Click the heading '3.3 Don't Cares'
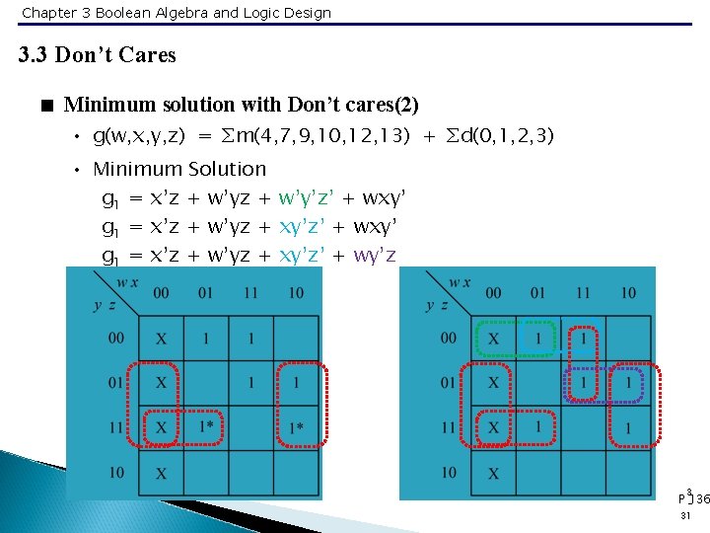coord(98,55)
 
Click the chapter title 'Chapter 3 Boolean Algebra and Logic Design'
coord(177,13)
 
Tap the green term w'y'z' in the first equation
coord(313,198)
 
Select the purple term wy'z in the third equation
coord(375,256)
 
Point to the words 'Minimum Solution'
coord(178,169)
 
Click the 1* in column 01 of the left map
coord(207,427)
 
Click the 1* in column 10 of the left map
coord(296,427)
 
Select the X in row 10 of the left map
coord(161,474)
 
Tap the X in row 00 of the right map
coord(493,339)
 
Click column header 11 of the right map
coord(584,292)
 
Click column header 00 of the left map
coord(161,292)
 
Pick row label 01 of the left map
coord(116,383)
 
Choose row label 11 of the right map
coord(449,427)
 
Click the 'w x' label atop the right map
coord(460,283)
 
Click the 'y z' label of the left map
coord(105,305)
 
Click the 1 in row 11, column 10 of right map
coord(628,428)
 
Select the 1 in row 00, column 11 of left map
coord(251,339)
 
